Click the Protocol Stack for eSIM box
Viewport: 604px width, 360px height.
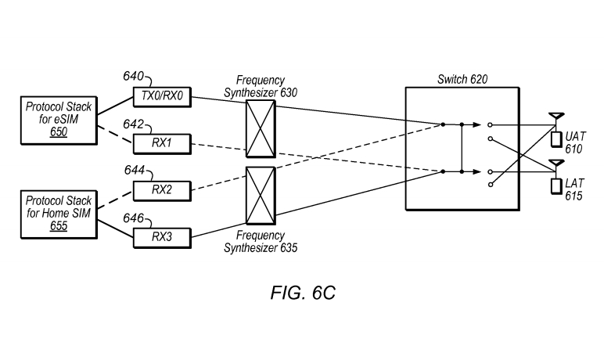[x=58, y=120]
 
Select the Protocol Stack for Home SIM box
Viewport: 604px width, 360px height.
[x=58, y=214]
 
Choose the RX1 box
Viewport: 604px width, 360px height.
[x=163, y=144]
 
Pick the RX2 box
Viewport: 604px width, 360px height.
[x=163, y=189]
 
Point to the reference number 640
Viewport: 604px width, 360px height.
[x=133, y=77]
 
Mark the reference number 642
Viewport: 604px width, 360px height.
[x=133, y=124]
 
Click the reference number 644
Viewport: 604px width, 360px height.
[x=133, y=170]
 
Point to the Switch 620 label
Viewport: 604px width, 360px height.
[x=462, y=79]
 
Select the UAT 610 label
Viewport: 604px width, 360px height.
[x=575, y=142]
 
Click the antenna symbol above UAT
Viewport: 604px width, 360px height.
[x=555, y=118]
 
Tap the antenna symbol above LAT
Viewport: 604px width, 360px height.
[x=555, y=165]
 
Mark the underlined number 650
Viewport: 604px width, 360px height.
[x=59, y=132]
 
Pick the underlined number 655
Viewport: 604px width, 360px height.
[x=58, y=226]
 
